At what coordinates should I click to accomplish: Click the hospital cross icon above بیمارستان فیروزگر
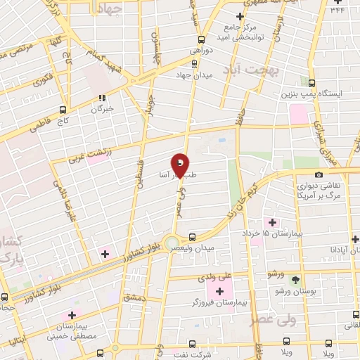[x=221, y=291]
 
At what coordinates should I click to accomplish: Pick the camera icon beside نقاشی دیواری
[x=319, y=174]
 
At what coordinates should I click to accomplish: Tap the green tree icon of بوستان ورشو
[x=304, y=279]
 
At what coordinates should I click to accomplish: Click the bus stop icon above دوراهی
[x=202, y=39]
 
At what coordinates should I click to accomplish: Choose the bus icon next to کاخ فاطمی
[x=63, y=110]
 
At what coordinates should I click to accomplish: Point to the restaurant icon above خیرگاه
[x=101, y=98]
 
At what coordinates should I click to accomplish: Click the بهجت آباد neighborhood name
[x=252, y=70]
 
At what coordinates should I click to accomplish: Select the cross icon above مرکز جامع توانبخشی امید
[x=240, y=15]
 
